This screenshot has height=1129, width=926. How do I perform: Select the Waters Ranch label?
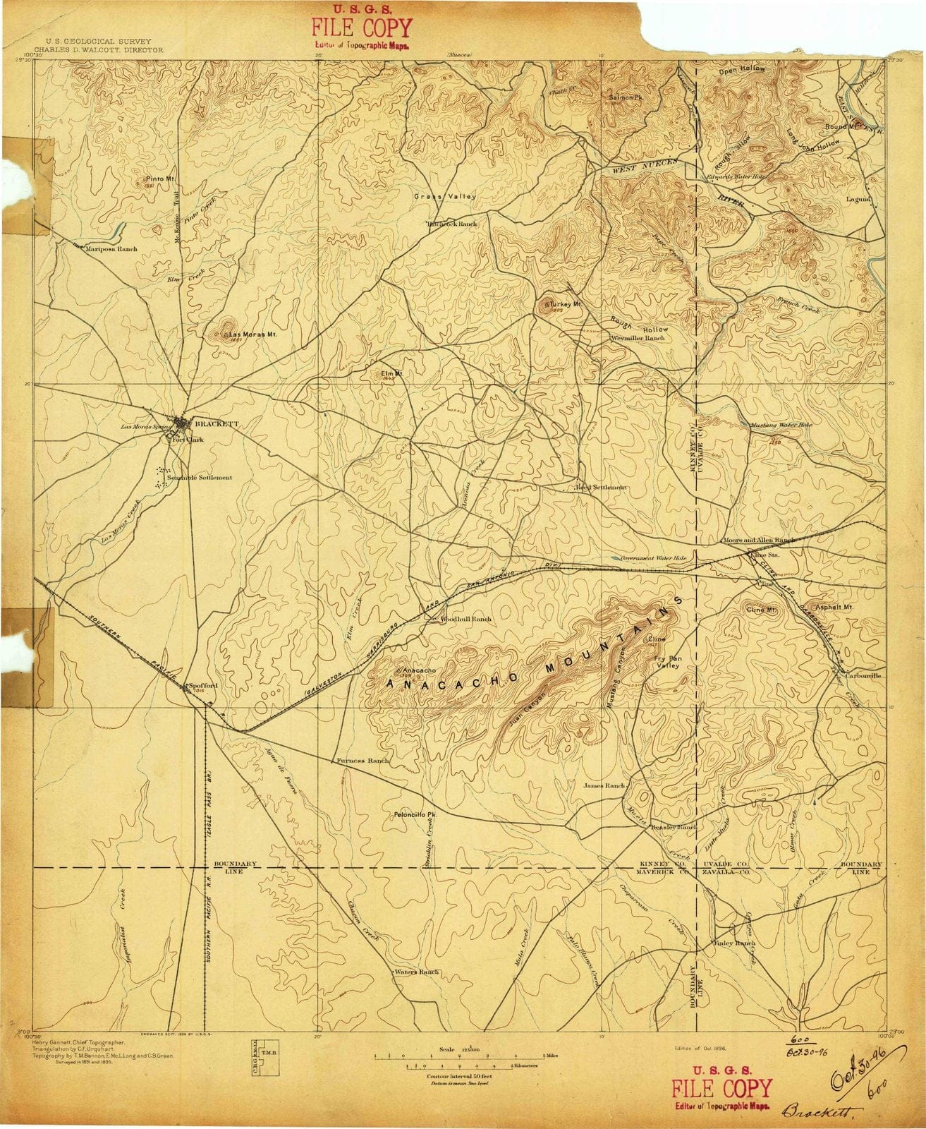[x=417, y=972]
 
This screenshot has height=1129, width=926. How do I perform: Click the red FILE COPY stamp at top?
[x=362, y=28]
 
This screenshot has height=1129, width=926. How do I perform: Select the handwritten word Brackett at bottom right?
[x=812, y=1113]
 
